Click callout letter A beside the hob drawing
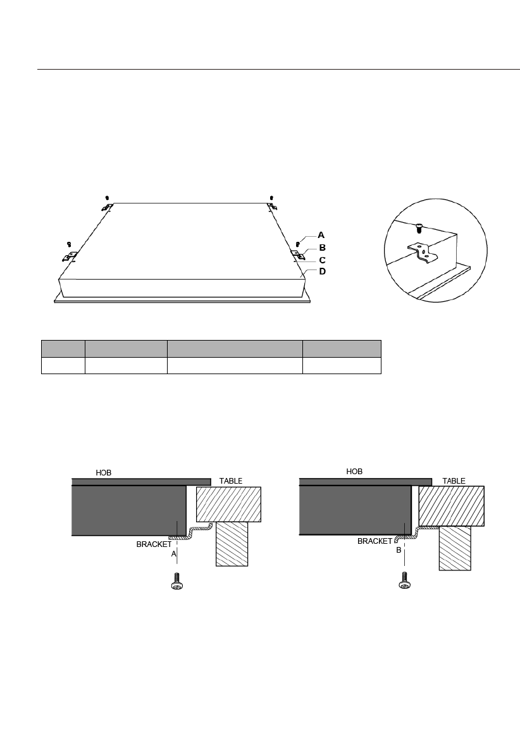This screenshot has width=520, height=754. click(321, 235)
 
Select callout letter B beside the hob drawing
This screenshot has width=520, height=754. click(323, 248)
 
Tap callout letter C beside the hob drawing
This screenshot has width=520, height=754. click(323, 260)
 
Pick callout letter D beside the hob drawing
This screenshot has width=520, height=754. click(323, 271)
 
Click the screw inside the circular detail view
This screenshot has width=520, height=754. click(419, 227)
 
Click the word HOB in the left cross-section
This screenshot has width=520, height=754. click(103, 473)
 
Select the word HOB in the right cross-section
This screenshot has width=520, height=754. click(354, 472)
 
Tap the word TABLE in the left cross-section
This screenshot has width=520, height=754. click(231, 481)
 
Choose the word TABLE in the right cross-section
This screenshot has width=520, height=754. click(454, 481)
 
